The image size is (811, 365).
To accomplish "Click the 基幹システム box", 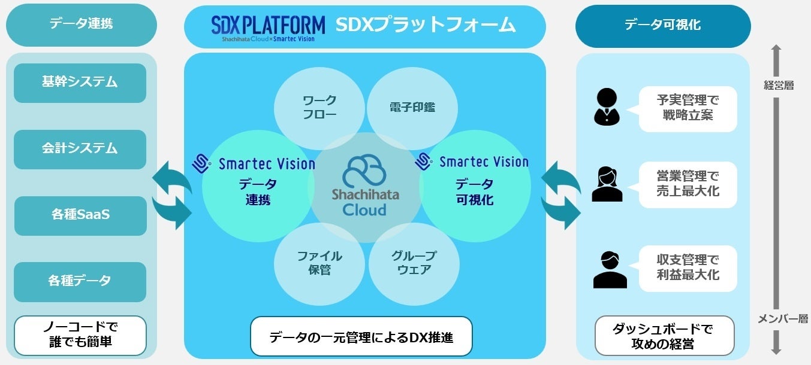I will point(80,83).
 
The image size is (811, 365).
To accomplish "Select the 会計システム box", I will point(80,149).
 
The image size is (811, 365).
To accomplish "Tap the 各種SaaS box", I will point(80,215).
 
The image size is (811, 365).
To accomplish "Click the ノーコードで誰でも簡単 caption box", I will point(80,335).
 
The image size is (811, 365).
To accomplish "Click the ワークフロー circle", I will point(319,108).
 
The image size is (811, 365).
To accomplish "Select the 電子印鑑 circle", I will point(412,108).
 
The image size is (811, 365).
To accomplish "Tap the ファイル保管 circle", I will point(319,263).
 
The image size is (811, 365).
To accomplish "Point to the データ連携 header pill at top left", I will point(81,25).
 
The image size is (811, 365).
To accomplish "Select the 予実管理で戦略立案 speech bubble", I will point(688,108).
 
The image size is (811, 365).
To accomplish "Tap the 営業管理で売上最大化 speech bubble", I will point(688,184).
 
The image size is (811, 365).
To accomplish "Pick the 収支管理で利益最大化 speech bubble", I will point(688,268).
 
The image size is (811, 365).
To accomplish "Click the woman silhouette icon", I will point(607,184).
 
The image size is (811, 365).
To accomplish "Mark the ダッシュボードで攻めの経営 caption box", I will point(664,336).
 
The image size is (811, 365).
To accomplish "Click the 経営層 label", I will point(778,86).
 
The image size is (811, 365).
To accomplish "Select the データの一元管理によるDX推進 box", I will point(361,337).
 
